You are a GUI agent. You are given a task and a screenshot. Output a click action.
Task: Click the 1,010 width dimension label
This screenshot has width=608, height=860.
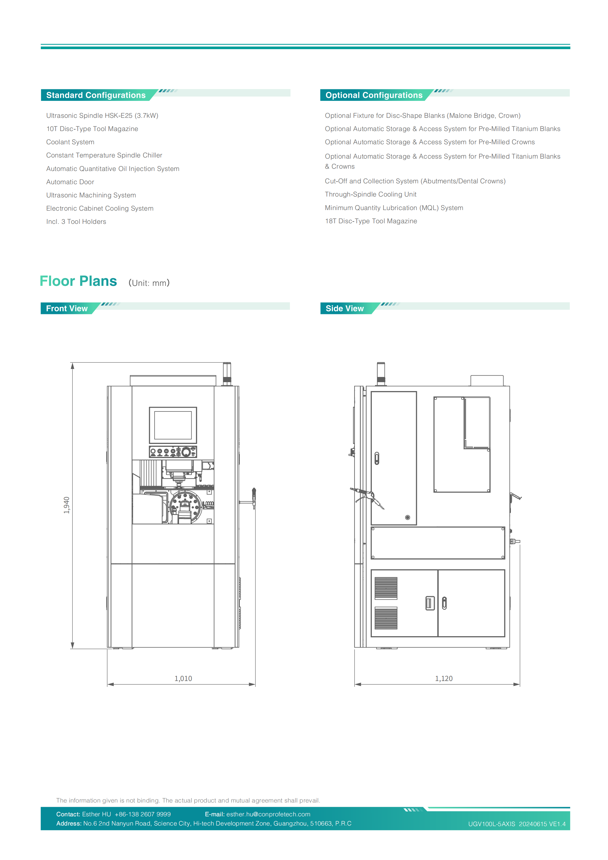pos(183,678)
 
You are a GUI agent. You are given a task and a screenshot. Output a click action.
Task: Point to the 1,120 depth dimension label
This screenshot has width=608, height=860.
pos(444,678)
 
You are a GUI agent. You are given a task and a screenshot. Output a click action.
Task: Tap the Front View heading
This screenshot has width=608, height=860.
pos(67,308)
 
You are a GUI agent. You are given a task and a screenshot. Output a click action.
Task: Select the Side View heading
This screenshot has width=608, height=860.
pos(345,308)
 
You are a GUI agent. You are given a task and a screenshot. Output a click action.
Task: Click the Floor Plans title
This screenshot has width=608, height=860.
pos(78,281)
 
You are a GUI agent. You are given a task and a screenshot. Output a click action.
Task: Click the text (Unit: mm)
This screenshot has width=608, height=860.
pos(149,283)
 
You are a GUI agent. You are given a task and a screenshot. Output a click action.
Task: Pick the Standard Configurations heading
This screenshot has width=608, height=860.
pos(96,95)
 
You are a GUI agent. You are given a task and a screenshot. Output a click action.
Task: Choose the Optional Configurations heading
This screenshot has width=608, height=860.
pos(374,95)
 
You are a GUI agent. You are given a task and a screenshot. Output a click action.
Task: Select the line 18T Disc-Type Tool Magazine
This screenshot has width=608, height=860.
pos(371,221)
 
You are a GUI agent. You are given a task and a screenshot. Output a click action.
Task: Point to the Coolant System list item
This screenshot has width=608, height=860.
pos(70,142)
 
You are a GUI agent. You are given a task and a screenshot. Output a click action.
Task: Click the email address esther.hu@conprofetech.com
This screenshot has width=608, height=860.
pos(268,814)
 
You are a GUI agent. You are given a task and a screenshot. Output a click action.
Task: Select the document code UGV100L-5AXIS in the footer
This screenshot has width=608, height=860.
pos(492,824)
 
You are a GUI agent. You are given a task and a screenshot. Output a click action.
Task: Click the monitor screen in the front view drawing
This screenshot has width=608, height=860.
pos(173,425)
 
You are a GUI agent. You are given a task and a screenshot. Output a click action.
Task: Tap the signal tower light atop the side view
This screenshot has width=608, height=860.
pos(381,374)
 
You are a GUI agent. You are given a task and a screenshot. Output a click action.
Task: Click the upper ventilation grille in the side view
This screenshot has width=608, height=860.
pos(386,588)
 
